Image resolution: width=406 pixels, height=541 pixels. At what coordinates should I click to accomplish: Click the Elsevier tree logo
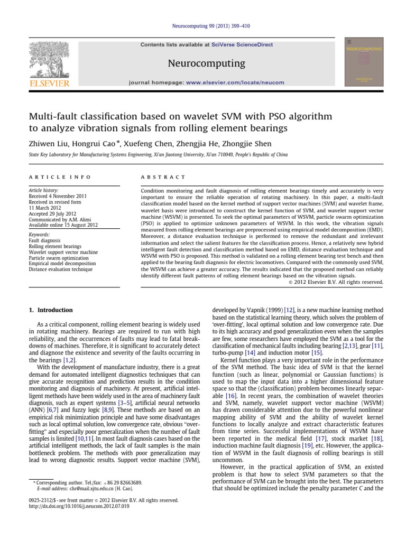48,59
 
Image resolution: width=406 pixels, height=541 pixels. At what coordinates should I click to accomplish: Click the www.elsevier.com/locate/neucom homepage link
235,82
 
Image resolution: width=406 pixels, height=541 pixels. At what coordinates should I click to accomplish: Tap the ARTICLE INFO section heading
60,177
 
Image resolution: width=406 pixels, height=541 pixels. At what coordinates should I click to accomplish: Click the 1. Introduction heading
51,310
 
